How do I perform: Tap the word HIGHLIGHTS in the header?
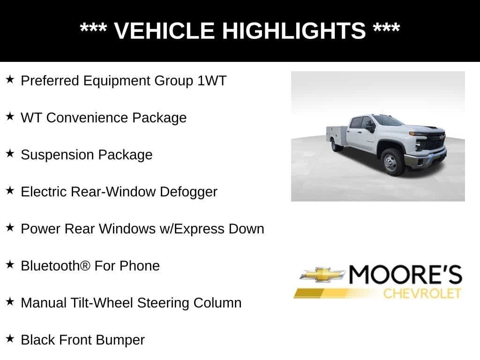point(293,31)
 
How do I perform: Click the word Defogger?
point(188,192)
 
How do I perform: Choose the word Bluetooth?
point(50,266)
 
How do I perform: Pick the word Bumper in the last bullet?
point(123,340)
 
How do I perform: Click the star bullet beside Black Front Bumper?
point(10,338)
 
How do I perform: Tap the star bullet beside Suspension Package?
point(10,153)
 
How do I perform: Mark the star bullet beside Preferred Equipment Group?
point(10,79)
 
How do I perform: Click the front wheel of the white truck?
point(390,161)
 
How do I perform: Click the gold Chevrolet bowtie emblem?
point(322,275)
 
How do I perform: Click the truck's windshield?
point(389,120)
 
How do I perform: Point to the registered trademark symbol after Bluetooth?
point(85,266)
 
